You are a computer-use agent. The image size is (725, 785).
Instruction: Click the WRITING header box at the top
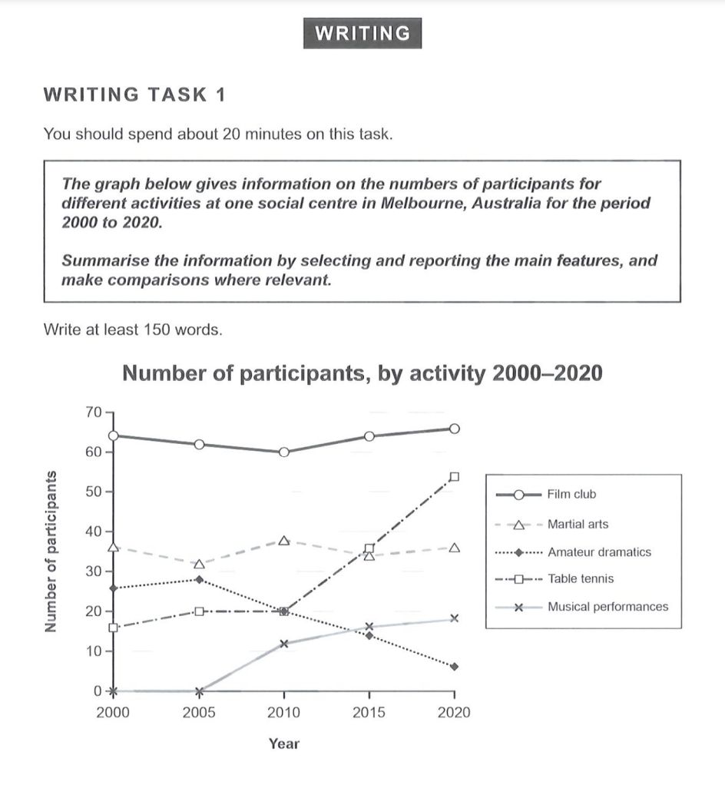(362, 33)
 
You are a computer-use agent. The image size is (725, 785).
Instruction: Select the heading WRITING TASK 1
(135, 94)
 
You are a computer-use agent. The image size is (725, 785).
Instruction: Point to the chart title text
(362, 373)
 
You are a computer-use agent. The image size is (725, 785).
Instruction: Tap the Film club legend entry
(571, 495)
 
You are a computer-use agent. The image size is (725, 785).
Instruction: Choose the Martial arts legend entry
(578, 524)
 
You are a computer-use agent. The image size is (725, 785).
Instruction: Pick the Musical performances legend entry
(607, 607)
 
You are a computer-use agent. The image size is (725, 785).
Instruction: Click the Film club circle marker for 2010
(284, 452)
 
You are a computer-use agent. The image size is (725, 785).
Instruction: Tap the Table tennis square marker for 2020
(454, 477)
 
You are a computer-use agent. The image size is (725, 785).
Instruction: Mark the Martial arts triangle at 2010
(284, 541)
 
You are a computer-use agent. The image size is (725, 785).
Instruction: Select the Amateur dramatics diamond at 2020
(454, 667)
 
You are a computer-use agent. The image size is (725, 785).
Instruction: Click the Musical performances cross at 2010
(284, 644)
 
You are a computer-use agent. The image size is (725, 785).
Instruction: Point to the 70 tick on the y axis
(93, 412)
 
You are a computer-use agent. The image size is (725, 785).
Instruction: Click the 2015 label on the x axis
(369, 713)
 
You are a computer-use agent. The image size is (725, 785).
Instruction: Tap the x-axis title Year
(284, 744)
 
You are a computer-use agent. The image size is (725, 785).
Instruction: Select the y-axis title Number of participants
(52, 551)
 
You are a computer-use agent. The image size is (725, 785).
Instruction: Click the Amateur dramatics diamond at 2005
(199, 580)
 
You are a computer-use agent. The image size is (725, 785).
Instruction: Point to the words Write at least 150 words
(133, 330)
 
